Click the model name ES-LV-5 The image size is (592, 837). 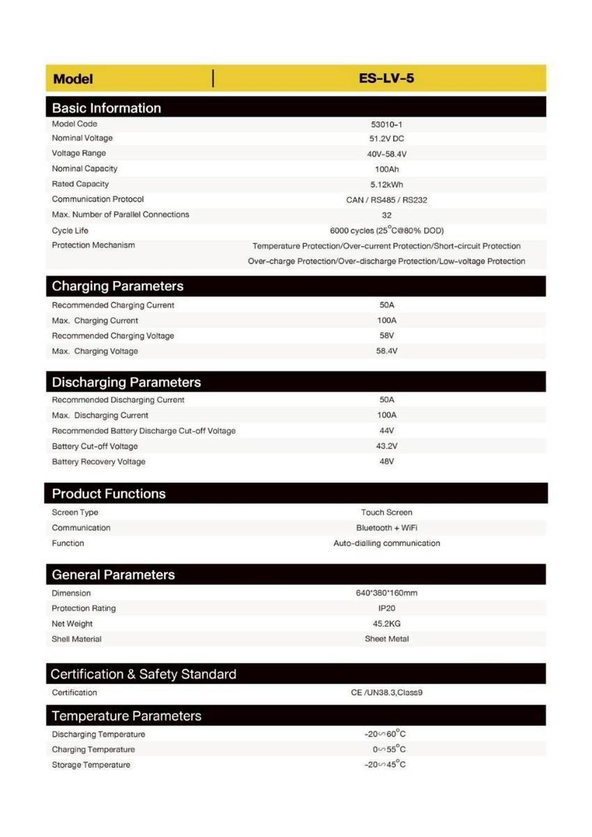coord(386,78)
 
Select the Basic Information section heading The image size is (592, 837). coord(106,108)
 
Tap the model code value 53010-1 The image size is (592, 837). coord(386,124)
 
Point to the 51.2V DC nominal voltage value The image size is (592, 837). coord(386,139)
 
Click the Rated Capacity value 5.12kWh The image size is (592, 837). coord(386,185)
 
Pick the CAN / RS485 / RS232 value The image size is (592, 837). coord(386,200)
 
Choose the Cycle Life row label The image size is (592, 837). coord(70,231)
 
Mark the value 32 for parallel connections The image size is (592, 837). coord(386,216)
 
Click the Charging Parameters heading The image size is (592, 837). coord(118,287)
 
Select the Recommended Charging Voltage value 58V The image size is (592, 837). coord(386,335)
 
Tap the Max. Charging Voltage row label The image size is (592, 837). coord(95,352)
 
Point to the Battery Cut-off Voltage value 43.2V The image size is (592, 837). coord(386,446)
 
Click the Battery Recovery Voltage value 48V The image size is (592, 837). coord(386,462)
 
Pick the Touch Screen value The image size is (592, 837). coord(386,513)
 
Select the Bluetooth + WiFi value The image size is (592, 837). coord(386,528)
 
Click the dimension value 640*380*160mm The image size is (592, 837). coord(386,594)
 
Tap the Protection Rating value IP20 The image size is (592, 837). coord(386,609)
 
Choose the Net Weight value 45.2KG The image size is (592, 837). coord(386,624)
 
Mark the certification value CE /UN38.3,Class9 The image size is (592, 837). coord(386,693)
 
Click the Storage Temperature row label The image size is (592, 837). coord(91,765)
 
